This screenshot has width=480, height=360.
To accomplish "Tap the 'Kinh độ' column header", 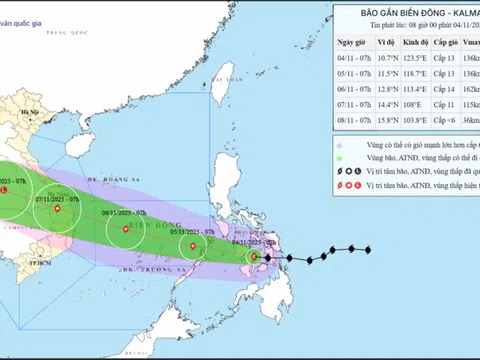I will (x=418, y=43).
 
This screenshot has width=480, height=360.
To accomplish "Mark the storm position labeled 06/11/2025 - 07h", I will (x=125, y=229).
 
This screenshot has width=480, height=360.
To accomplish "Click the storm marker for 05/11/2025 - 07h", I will (x=192, y=245).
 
